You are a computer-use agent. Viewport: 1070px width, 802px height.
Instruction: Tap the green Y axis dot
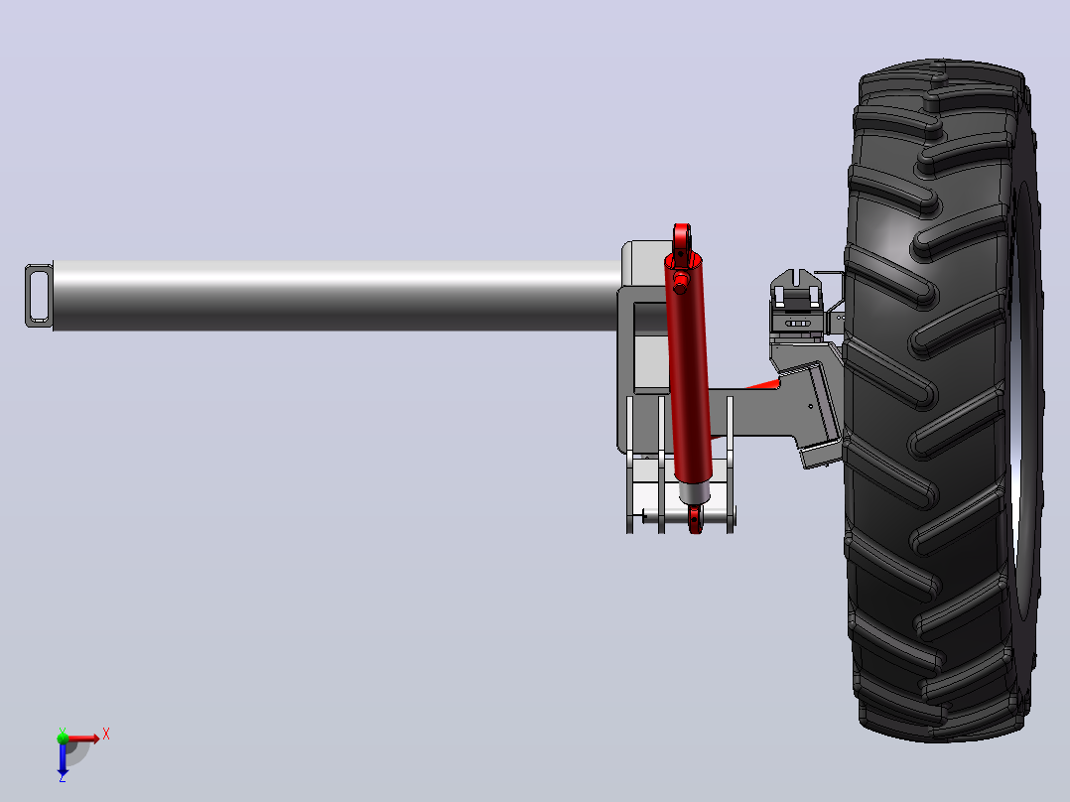(63, 737)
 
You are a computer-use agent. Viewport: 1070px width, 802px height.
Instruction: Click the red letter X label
(106, 735)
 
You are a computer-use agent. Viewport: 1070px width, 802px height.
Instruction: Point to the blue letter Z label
(63, 777)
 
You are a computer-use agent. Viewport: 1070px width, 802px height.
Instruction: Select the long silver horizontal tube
(335, 296)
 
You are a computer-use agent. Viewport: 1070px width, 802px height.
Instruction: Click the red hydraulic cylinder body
(689, 368)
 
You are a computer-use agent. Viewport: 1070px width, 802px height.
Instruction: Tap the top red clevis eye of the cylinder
(682, 237)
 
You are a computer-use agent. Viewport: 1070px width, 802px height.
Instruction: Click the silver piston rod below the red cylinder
(694, 492)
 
